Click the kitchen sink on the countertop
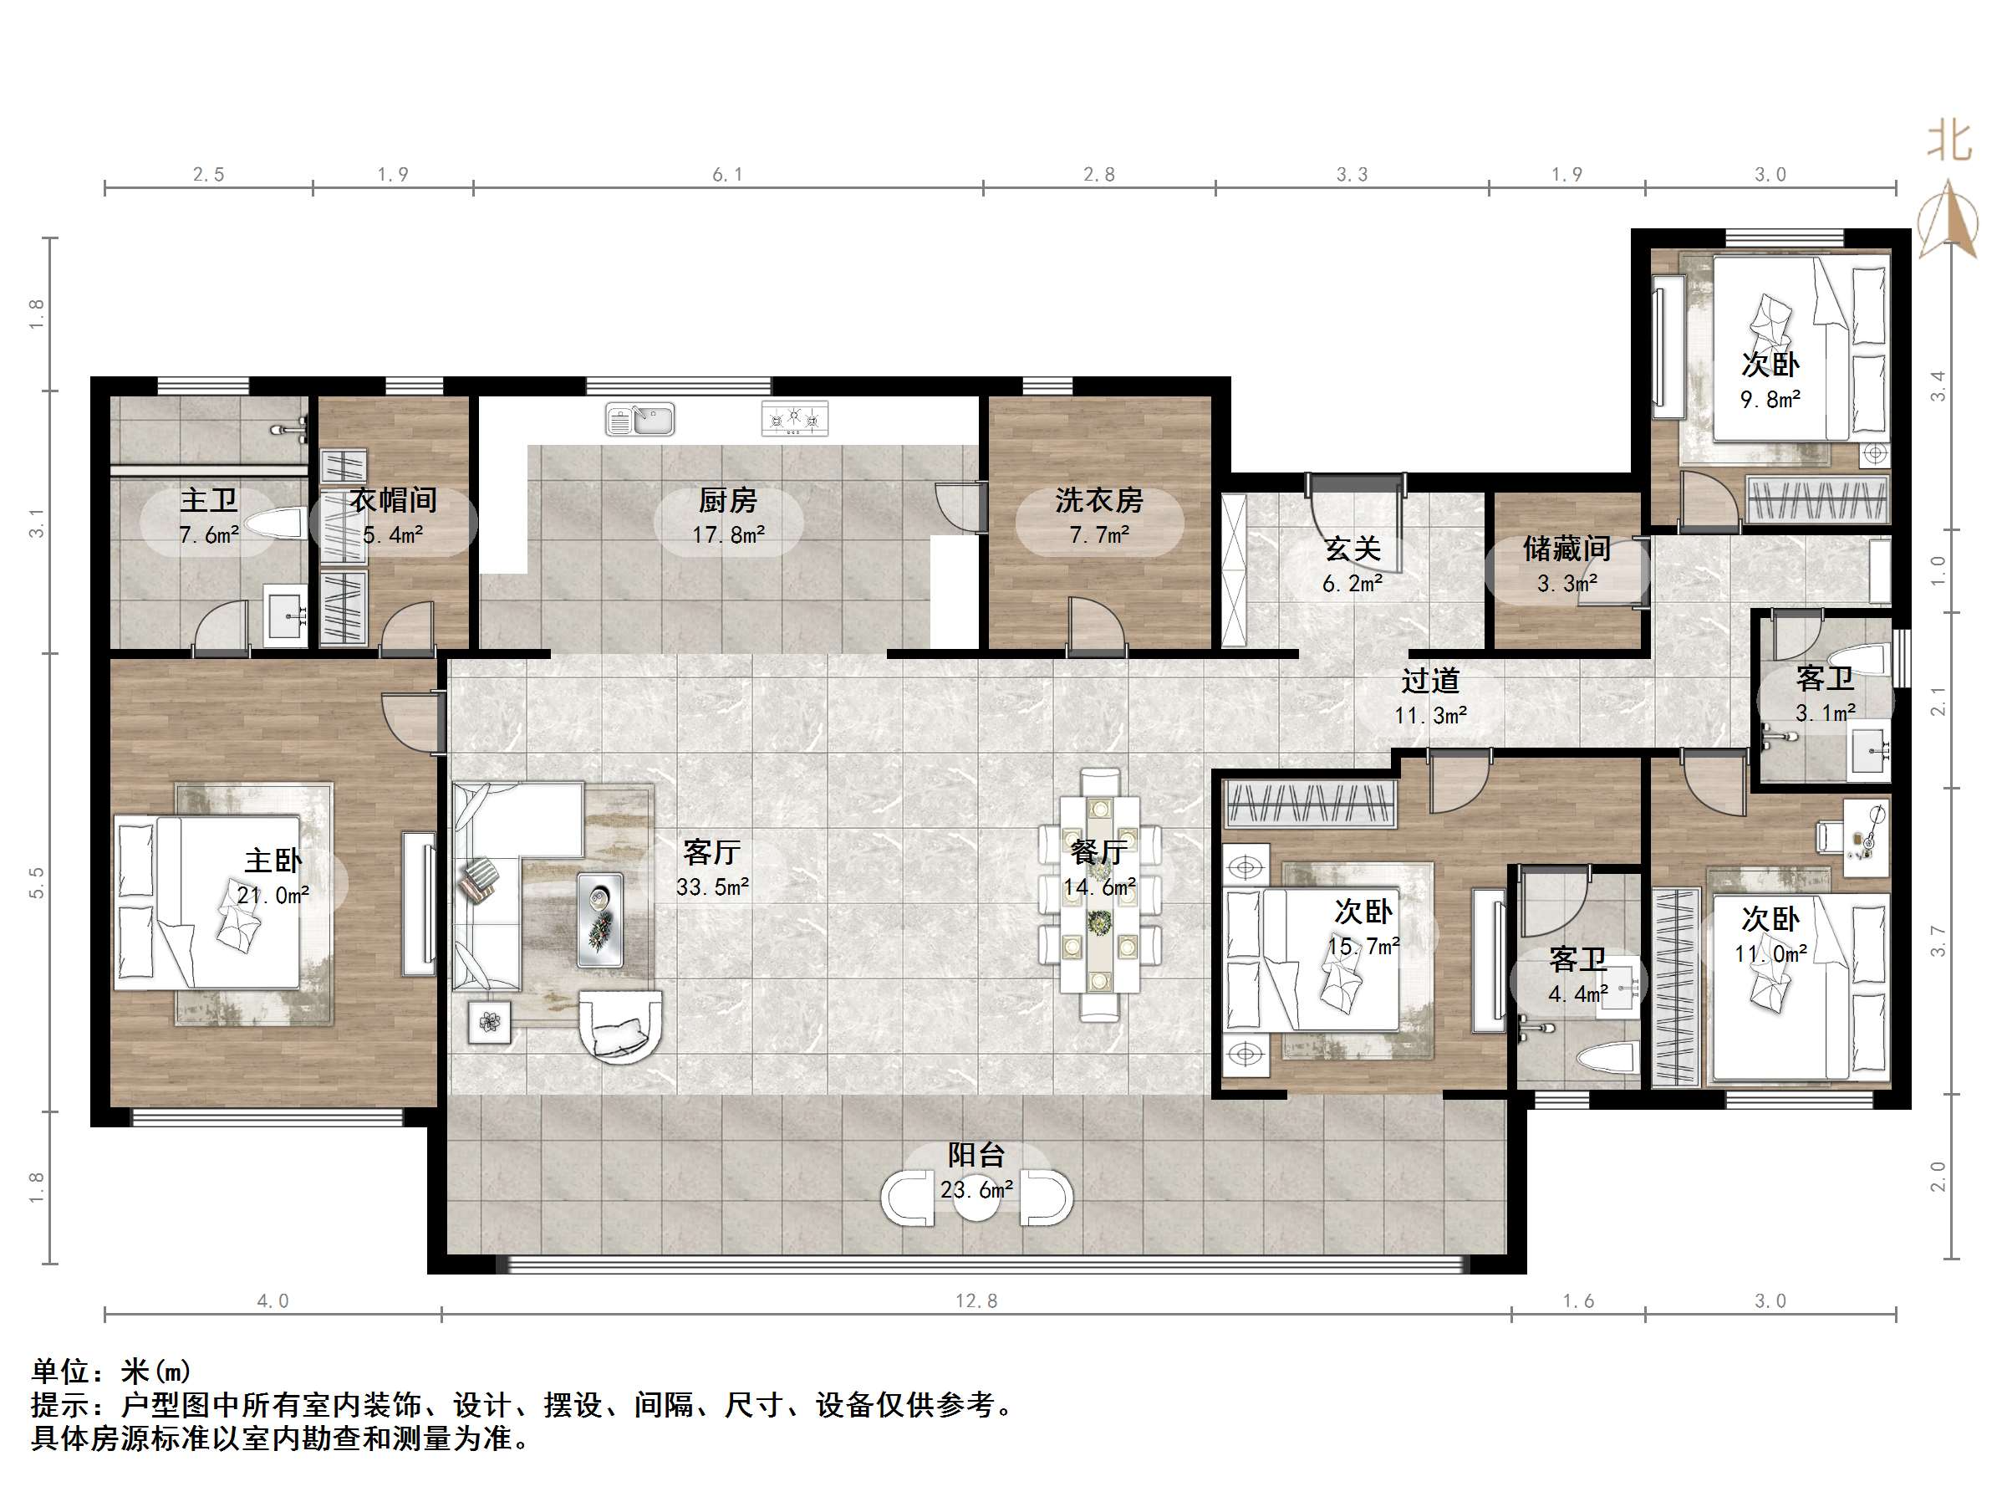coord(639,419)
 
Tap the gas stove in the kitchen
coord(795,418)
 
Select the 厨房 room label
coord(728,500)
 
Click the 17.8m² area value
coord(729,535)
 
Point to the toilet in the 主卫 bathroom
coord(275,524)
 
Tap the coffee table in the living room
coord(600,919)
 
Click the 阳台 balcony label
coord(976,1154)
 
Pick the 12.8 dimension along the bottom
coord(976,1301)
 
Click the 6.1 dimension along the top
coord(728,175)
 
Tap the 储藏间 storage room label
coord(1566,549)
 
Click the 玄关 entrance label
coord(1353,549)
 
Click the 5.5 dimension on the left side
coord(36,883)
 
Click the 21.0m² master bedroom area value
coord(273,896)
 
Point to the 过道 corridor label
coord(1431,681)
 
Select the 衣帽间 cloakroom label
coord(394,500)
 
